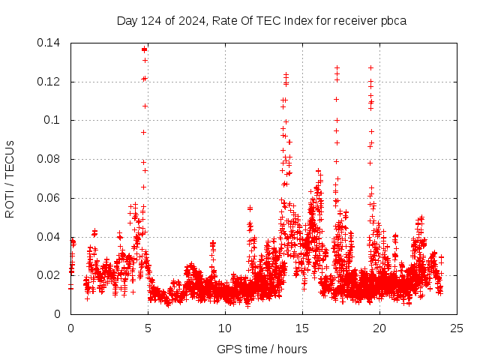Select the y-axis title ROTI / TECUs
[x=10, y=178]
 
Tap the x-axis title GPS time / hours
[x=262, y=349]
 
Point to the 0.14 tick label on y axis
[x=49, y=42]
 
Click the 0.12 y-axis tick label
[x=49, y=81]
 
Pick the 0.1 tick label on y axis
[x=52, y=120]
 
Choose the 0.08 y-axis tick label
[x=49, y=159]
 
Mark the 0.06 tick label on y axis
[x=49, y=198]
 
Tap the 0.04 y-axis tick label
[x=49, y=237]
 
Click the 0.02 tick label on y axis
[x=49, y=275]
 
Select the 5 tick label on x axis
[x=148, y=328]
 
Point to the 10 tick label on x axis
[x=225, y=328]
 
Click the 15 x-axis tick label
[x=302, y=328]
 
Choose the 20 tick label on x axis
[x=379, y=328]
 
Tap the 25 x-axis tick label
[x=457, y=328]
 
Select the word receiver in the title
[x=354, y=20]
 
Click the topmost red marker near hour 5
[x=144, y=49]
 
